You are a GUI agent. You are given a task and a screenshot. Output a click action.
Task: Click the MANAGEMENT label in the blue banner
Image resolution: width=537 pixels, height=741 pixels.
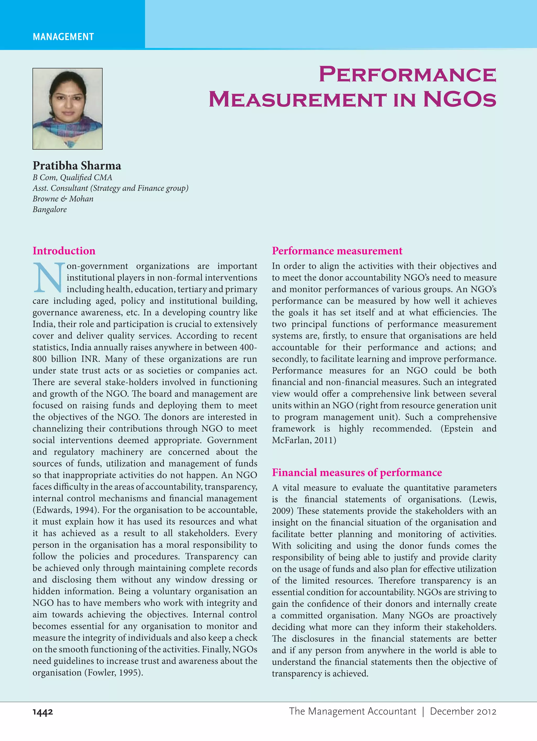point(63,36)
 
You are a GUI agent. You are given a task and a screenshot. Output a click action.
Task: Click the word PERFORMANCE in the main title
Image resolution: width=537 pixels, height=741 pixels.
point(407,75)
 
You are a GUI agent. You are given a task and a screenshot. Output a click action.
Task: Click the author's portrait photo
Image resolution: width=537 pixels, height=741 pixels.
point(68,109)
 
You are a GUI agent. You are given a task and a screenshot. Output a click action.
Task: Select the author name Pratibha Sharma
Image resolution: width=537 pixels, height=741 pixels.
point(77,166)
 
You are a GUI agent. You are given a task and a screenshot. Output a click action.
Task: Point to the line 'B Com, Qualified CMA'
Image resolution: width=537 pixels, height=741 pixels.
point(72,177)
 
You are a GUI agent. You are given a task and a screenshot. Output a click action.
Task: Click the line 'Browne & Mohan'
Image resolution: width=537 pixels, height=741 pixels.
point(63,199)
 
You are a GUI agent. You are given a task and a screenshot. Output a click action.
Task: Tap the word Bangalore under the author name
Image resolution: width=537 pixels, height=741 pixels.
point(50,209)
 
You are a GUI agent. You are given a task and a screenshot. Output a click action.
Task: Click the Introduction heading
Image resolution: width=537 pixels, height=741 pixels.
point(64,251)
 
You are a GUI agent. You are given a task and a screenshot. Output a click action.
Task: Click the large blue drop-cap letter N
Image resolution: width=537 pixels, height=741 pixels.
point(48,278)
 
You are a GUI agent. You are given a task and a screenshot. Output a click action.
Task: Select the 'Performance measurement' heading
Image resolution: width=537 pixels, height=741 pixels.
point(337,251)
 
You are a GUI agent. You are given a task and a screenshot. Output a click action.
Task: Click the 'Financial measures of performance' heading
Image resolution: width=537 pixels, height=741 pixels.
point(357,472)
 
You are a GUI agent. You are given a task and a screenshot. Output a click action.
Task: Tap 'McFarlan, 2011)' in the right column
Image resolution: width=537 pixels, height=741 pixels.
point(304,440)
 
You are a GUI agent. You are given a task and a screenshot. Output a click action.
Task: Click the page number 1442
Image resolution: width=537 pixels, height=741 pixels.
point(43,712)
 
